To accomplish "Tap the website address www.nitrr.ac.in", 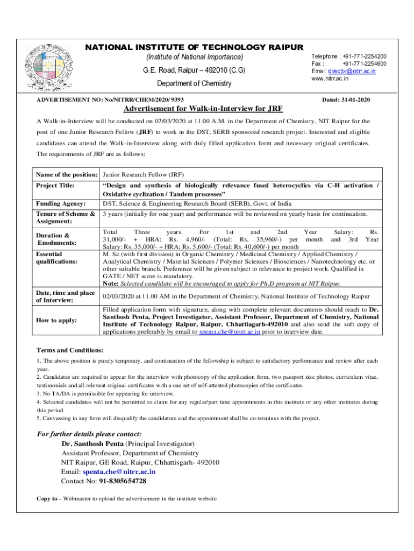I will (x=330, y=79).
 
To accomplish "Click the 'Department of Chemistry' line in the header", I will (x=194, y=83).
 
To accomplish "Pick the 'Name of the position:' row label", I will (x=66, y=175).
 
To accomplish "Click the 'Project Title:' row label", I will (x=56, y=186).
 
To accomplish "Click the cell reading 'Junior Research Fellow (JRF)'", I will (x=143, y=175).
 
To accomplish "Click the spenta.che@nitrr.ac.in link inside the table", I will (x=230, y=332).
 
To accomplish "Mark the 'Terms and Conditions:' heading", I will (x=69, y=350).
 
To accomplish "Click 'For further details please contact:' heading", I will (x=89, y=434).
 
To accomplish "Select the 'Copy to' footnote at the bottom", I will (x=126, y=499).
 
